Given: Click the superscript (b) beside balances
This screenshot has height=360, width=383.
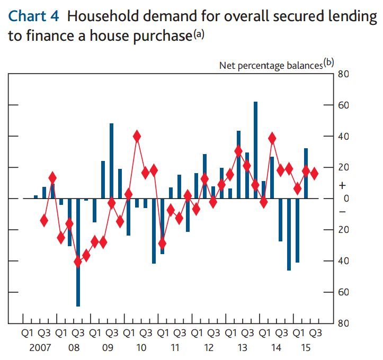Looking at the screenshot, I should tap(329, 62).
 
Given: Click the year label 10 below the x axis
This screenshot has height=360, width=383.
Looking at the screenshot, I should tap(141, 348).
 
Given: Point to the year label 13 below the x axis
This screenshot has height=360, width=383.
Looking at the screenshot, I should tap(243, 348).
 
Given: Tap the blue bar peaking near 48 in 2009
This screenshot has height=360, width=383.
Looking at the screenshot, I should tap(112, 161).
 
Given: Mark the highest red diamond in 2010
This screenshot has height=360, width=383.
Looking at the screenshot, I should tap(137, 136).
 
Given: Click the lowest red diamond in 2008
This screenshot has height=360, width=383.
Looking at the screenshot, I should tap(78, 262).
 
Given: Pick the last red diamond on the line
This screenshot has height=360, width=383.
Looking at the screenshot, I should tap(315, 173).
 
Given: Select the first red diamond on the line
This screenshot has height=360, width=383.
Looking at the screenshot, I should tap(44, 220).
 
